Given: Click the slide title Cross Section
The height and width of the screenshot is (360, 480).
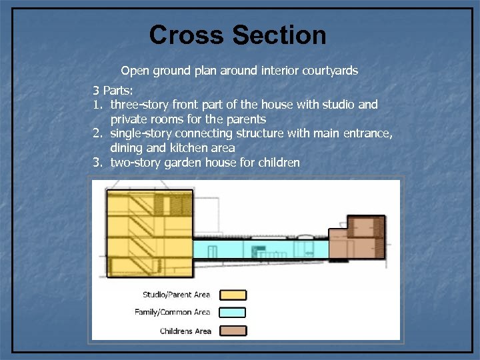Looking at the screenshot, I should click(x=238, y=35).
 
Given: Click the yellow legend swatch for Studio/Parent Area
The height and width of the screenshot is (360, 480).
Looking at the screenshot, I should click(x=233, y=295).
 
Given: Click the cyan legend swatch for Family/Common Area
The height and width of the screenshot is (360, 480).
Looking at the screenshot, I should click(x=233, y=313).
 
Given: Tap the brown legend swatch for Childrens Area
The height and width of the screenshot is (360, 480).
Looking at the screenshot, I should click(x=233, y=331).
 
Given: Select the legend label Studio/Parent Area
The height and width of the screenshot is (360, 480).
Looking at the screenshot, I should click(x=176, y=295).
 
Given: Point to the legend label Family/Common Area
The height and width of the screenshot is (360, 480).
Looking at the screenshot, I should click(x=172, y=313).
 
